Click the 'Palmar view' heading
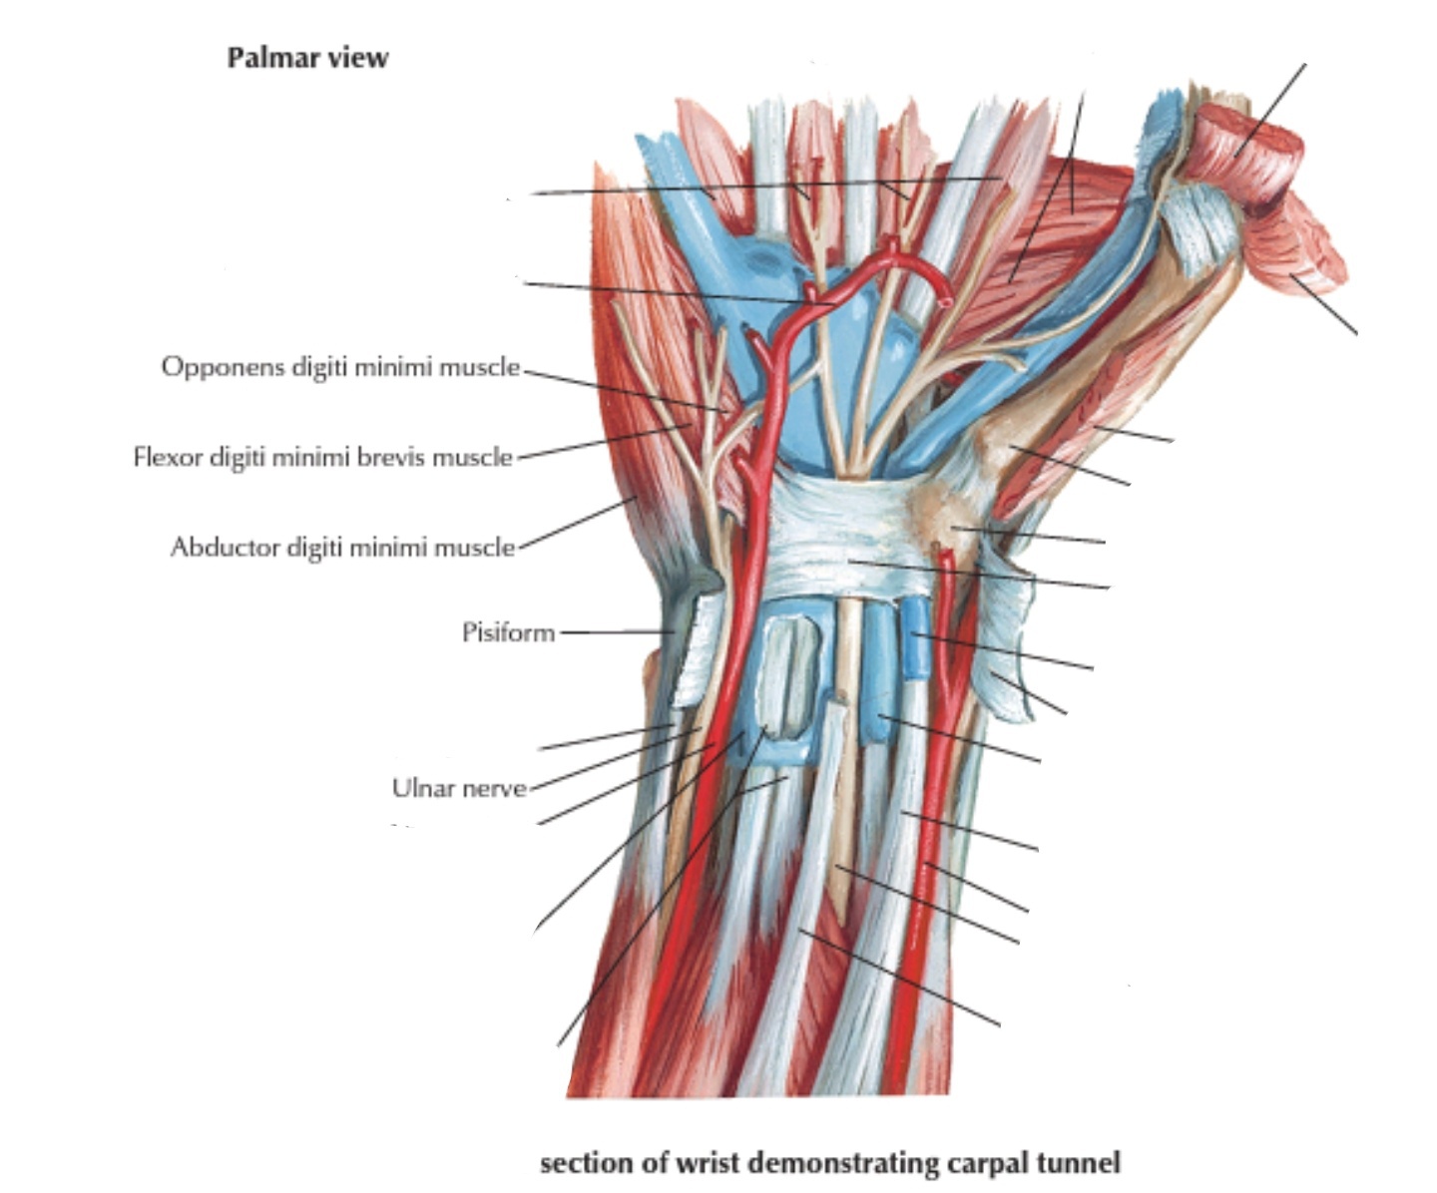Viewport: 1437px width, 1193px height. (307, 58)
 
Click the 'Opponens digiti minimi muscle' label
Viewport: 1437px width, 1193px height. (340, 367)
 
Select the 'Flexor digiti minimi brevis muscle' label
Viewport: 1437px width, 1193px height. (322, 457)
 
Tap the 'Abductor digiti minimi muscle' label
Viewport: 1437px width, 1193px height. (342, 547)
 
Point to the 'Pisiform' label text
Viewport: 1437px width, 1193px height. (508, 632)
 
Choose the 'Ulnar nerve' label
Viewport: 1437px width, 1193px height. (459, 788)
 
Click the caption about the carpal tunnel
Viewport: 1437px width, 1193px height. (829, 1163)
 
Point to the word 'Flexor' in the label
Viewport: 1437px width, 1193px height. (167, 457)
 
